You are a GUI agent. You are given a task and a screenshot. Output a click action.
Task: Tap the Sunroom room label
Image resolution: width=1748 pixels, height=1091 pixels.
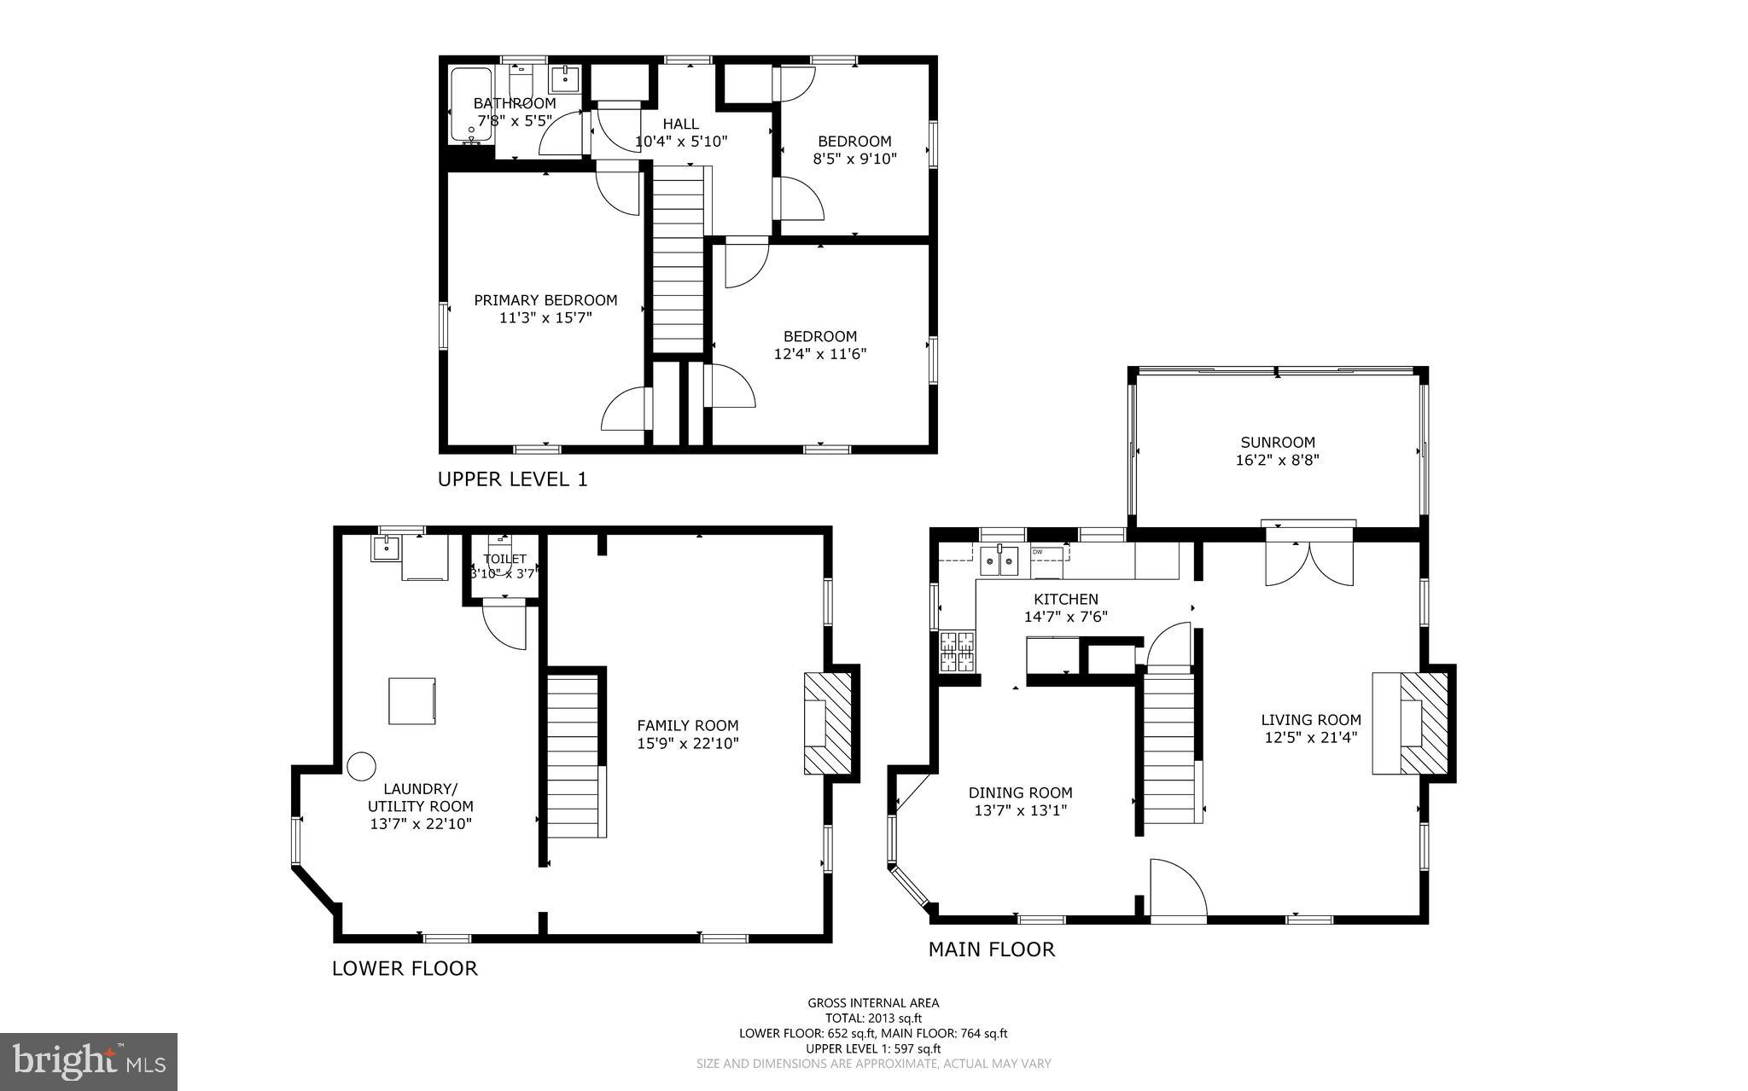pos(1278,442)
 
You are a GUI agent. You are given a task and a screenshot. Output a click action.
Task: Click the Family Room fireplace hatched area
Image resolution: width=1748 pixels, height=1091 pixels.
pos(829,722)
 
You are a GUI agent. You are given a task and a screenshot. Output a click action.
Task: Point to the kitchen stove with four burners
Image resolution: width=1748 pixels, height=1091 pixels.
pos(957,653)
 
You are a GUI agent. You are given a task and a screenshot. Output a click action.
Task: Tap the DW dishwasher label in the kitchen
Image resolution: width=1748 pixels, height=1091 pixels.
pos(1038,552)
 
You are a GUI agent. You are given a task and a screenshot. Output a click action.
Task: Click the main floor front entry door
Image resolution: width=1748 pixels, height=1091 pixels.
pos(1178,891)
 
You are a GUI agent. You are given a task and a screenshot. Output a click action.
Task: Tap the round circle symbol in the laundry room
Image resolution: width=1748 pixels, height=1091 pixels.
pos(361,765)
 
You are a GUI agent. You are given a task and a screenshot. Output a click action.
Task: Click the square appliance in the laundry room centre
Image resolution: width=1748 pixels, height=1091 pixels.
pos(412,701)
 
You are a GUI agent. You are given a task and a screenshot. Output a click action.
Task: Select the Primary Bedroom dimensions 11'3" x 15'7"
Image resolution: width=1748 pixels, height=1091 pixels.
pos(545,318)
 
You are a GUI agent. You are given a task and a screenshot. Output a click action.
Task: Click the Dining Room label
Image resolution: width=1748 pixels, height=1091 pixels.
pos(1020,792)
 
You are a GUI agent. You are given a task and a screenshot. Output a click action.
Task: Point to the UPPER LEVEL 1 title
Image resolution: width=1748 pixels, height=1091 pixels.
pos(512,479)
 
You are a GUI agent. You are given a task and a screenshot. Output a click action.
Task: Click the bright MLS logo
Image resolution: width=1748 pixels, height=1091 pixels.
pos(88,1061)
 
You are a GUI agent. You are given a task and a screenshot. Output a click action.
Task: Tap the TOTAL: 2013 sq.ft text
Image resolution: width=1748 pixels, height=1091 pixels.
pos(873,1018)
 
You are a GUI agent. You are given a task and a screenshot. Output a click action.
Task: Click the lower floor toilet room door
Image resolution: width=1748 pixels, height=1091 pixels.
pos(504,625)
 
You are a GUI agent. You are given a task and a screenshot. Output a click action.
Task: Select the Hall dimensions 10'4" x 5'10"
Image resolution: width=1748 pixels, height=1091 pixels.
pos(680,142)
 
